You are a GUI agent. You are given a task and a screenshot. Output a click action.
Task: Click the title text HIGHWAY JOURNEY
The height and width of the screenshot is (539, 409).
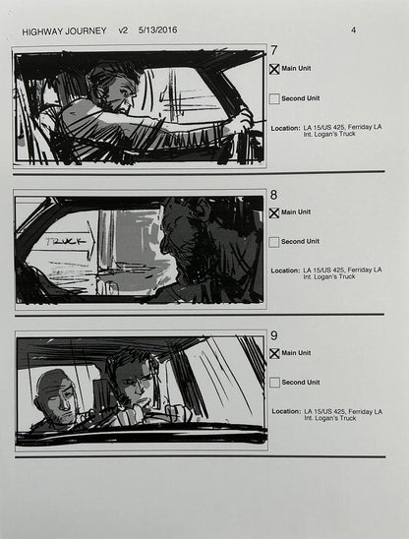coord(63,30)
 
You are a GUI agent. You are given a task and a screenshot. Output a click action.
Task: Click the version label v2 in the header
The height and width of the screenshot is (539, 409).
coord(123,30)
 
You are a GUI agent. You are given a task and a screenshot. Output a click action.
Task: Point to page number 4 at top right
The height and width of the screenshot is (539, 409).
coord(353,30)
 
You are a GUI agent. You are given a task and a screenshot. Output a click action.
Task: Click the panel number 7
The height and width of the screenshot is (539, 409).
coord(274,51)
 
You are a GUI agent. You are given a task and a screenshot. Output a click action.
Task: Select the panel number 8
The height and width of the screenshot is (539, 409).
coord(274,194)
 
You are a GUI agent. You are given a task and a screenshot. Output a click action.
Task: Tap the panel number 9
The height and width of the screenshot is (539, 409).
coord(274,335)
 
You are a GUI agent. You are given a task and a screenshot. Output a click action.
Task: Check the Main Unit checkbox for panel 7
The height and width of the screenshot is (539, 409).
coord(274,70)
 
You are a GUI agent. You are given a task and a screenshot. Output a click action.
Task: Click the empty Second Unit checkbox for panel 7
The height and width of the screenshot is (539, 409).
coord(274,98)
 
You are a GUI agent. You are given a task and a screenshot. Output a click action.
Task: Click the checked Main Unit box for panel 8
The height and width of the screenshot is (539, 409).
coord(274,212)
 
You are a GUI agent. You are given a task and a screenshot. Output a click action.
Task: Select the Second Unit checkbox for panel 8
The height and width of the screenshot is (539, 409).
coord(274,241)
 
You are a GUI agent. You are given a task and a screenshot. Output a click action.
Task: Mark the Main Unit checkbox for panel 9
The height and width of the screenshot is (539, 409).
coord(274,354)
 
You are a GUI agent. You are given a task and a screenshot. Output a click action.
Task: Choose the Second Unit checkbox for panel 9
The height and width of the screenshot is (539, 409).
coord(274,382)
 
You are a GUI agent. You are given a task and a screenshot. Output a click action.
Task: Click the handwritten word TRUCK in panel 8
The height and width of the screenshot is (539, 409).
coord(66,239)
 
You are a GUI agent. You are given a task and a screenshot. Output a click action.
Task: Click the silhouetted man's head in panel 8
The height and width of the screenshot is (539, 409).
coord(185,227)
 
